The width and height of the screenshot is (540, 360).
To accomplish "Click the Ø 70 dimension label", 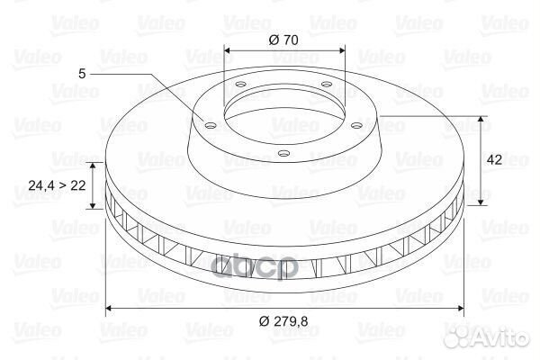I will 284,39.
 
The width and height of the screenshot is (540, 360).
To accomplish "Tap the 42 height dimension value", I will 493,160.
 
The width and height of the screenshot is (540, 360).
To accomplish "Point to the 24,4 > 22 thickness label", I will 57,186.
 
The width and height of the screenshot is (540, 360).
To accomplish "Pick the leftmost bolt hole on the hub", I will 210,125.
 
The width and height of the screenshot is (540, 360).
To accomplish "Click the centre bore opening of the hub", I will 283,112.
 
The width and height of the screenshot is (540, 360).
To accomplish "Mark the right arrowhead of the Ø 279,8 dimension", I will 463,309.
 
